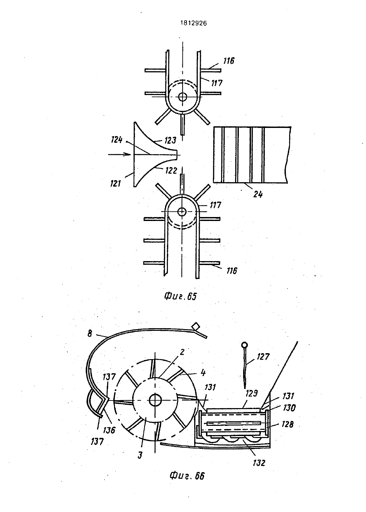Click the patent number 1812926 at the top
tap(194, 23)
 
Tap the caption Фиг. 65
tap(180, 297)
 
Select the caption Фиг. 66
tap(187, 475)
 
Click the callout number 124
tap(117, 140)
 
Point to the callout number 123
tap(170, 140)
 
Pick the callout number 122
tap(171, 171)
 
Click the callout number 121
tap(116, 183)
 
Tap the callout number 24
tap(258, 194)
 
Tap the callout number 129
tap(252, 393)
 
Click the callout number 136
tap(109, 430)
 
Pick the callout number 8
tap(90, 334)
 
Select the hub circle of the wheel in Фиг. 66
tap(155, 400)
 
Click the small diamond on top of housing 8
tap(196, 326)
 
